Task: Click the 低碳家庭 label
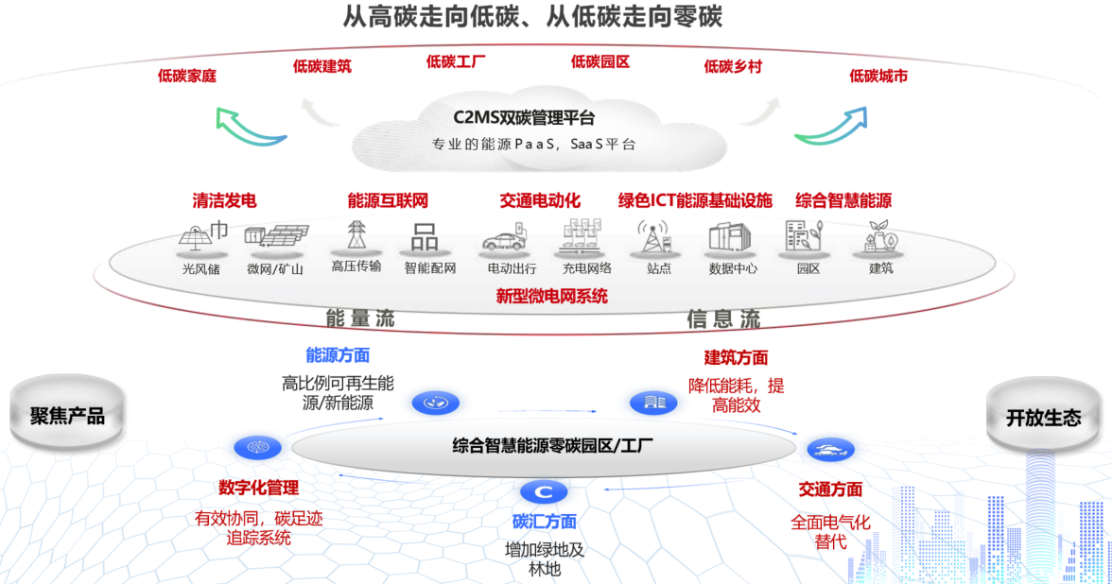(186, 76)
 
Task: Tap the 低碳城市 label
(878, 76)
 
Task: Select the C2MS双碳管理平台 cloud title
(524, 118)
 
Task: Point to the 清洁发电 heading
(224, 200)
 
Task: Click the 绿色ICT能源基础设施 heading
(695, 200)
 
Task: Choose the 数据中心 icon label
(733, 268)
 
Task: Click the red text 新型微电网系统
(552, 296)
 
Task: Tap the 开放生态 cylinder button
(1043, 418)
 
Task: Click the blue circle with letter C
(544, 491)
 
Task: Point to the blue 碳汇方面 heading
(545, 522)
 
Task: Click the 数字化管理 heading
(258, 488)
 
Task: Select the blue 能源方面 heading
(338, 355)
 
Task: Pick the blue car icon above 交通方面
(830, 451)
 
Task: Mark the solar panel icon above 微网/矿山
(275, 237)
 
